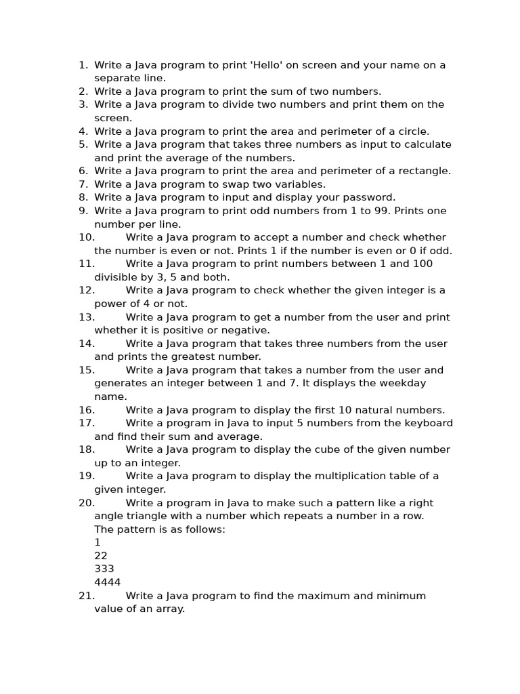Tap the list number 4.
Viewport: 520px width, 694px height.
coord(83,131)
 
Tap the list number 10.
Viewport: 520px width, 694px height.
coord(86,237)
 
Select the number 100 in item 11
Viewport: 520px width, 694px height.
coord(420,264)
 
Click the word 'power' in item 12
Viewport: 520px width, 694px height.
coord(110,304)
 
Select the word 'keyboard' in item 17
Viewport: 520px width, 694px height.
coord(428,423)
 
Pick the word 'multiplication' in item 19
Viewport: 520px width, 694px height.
coord(336,476)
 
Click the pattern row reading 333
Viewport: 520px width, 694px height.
coord(104,569)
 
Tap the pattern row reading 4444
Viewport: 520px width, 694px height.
coord(108,582)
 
